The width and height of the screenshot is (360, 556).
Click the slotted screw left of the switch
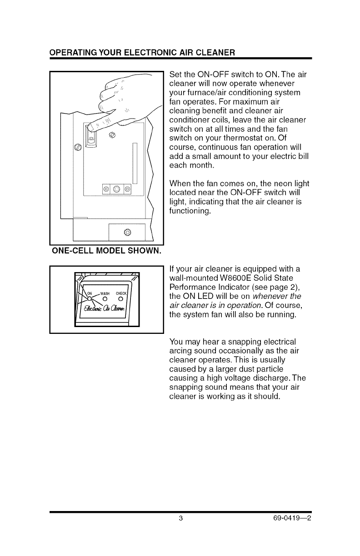pyautogui.click(x=77, y=147)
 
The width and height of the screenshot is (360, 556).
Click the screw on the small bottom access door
pyautogui.click(x=127, y=233)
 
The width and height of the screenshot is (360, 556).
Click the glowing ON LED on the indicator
pyautogui.click(x=90, y=299)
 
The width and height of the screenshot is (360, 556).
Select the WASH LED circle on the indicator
pyautogui.click(x=105, y=298)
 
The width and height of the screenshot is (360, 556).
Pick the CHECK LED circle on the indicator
pyautogui.click(x=122, y=298)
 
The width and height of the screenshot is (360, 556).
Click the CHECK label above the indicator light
pyautogui.click(x=123, y=292)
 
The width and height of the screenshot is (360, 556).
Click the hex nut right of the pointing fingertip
pyautogui.click(x=113, y=134)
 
